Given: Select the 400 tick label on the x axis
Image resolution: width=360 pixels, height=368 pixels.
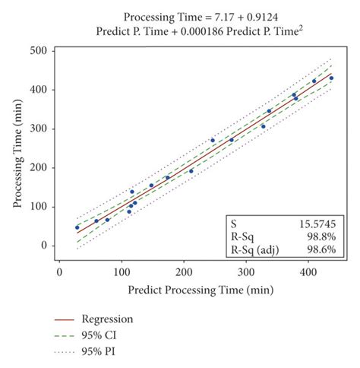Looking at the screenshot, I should (308, 270).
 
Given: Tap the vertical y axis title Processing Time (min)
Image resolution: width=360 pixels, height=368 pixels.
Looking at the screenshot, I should (17, 148).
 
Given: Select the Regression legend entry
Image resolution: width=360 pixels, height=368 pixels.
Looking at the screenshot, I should (106, 319).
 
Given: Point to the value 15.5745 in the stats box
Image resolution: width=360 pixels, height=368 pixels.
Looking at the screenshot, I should (316, 224).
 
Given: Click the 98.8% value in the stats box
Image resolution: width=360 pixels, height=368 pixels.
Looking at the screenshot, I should (321, 236).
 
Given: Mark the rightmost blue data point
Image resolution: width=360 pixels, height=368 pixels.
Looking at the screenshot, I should (331, 78).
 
